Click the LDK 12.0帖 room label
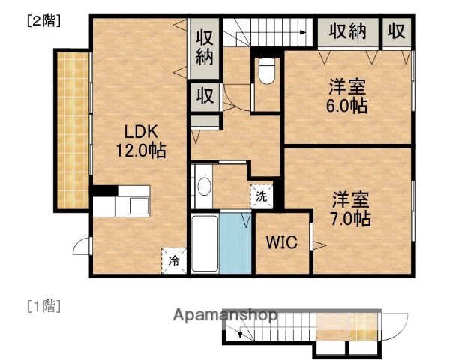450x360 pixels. point(139,140)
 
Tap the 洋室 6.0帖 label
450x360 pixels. point(346,95)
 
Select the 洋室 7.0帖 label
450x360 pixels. point(351,209)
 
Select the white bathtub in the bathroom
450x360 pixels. point(204,244)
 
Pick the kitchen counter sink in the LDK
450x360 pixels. point(139,205)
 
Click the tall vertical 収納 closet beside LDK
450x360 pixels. point(205,46)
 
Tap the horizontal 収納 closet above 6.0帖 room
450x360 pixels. point(346,31)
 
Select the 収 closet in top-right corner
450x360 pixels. point(397,31)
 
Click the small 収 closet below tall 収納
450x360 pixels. point(205,96)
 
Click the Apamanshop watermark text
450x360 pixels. point(226,315)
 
